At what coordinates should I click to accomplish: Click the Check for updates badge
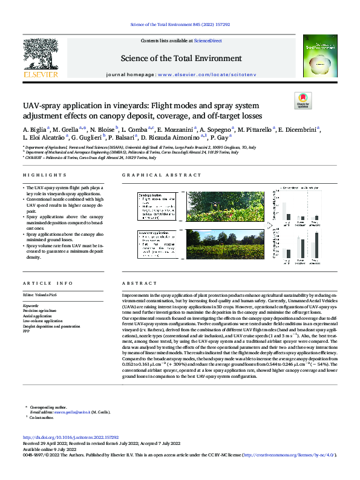pyautogui.click(x=301, y=100)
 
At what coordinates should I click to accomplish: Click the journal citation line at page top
pyautogui.click(x=180, y=24)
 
